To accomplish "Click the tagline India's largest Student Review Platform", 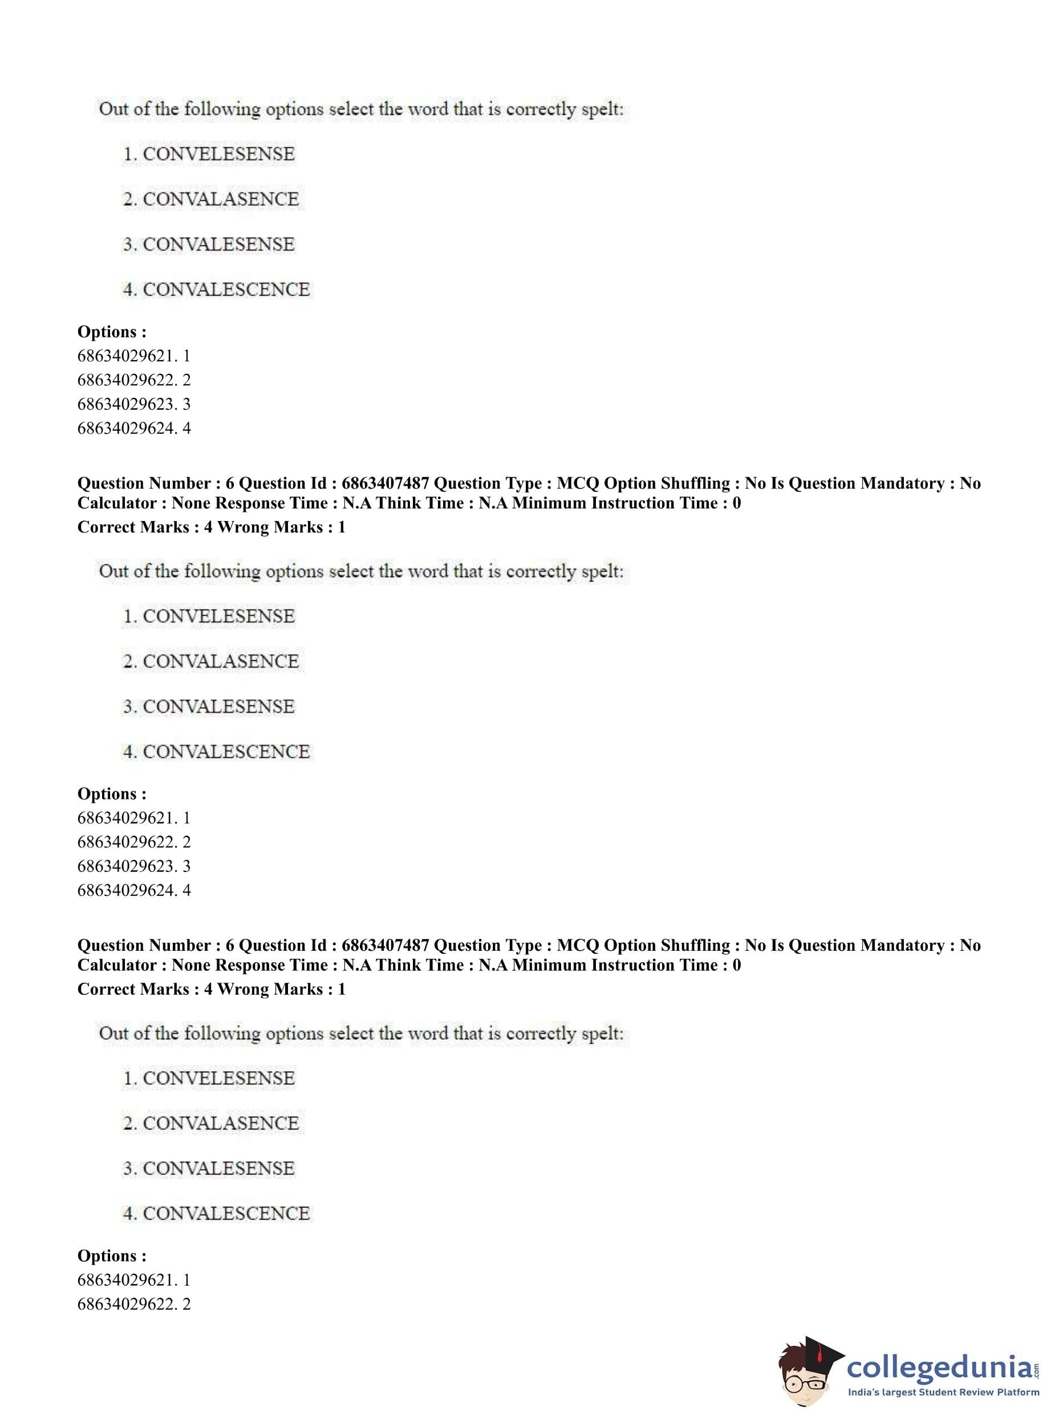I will pos(943,1392).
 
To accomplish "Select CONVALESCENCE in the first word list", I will pos(226,290).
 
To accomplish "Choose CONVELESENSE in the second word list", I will pos(218,616).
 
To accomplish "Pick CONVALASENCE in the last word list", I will pos(220,1123).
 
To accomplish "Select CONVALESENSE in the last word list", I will pos(218,1168).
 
